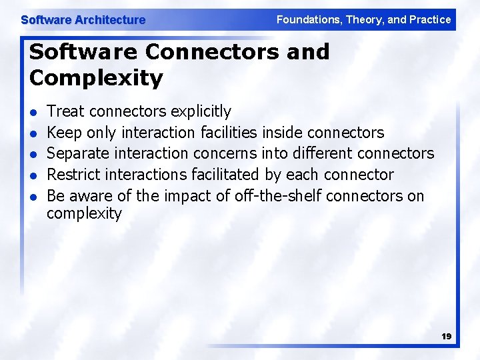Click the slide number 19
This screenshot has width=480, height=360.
pyautogui.click(x=446, y=337)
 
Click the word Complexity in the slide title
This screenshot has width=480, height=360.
pyautogui.click(x=96, y=78)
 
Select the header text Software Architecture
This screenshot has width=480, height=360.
pyautogui.click(x=83, y=20)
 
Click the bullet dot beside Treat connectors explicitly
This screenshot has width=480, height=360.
pyautogui.click(x=34, y=112)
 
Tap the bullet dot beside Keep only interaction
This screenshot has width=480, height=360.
pyautogui.click(x=34, y=133)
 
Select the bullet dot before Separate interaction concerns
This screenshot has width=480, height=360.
pyautogui.click(x=34, y=154)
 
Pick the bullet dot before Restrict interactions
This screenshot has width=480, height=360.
pyautogui.click(x=34, y=175)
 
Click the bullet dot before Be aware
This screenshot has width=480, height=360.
pyautogui.click(x=34, y=197)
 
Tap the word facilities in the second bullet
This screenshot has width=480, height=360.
pyautogui.click(x=227, y=132)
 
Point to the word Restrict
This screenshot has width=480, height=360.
pyautogui.click(x=71, y=175)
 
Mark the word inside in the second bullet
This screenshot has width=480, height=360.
pyautogui.click(x=283, y=132)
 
